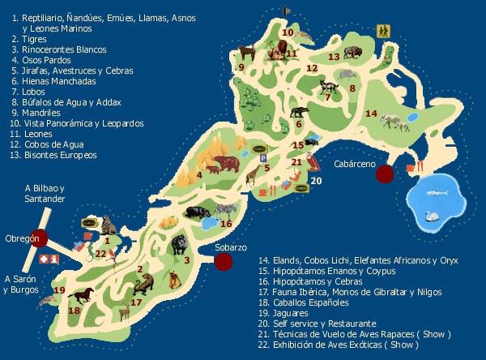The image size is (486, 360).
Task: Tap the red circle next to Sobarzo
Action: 224,260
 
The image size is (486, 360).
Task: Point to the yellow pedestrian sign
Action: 382,32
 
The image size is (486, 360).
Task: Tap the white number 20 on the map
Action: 316,182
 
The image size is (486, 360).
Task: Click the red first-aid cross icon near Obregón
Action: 54,257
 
